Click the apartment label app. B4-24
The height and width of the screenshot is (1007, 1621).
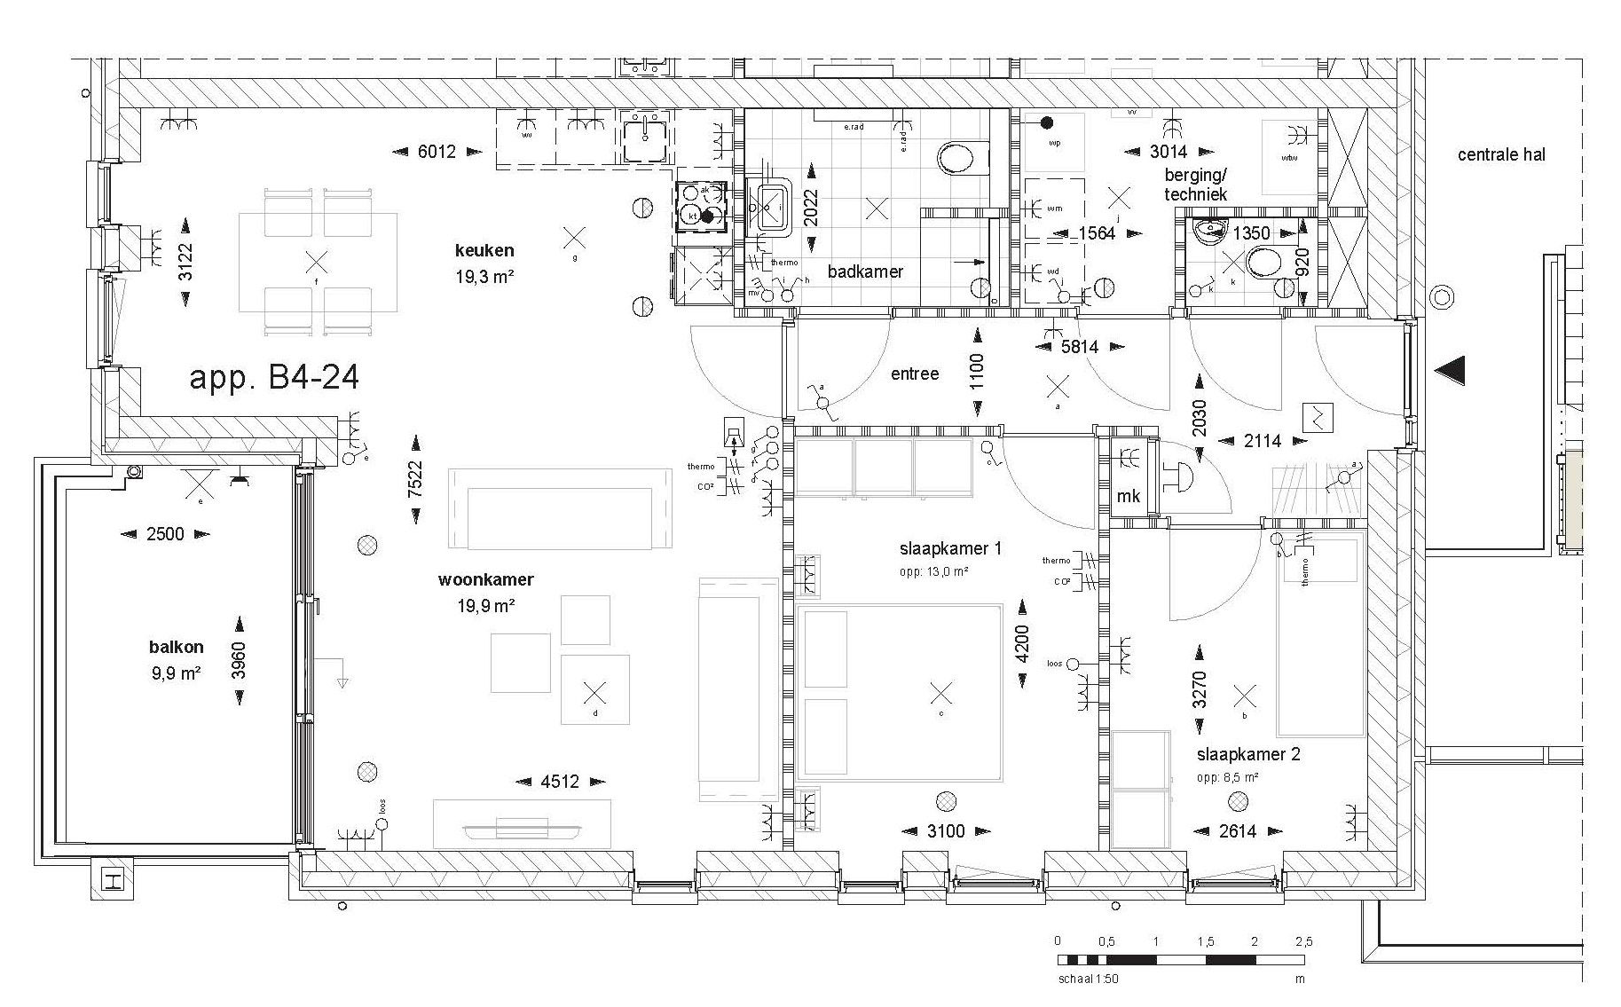tap(274, 378)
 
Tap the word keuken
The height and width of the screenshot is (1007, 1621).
tap(484, 251)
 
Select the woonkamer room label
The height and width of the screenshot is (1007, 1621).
tap(485, 580)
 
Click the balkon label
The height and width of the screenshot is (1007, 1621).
tap(177, 648)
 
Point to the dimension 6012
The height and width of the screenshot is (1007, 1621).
tap(437, 152)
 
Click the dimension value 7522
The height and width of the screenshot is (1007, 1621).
tap(415, 480)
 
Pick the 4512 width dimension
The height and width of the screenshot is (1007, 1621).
tap(560, 782)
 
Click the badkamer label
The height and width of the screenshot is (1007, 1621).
tap(865, 271)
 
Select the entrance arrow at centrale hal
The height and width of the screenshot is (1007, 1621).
tap(1450, 370)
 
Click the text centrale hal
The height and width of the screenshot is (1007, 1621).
tap(1501, 154)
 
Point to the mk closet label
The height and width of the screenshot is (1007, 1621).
tap(1128, 497)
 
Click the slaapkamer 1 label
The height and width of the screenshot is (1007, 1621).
tap(950, 549)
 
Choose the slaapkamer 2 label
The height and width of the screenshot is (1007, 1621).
tap(1248, 755)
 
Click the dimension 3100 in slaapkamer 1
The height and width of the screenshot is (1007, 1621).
tap(945, 831)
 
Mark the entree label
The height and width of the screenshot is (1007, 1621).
tap(915, 374)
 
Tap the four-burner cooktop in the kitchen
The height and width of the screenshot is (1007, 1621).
tap(701, 206)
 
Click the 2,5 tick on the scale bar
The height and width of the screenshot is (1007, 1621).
tap(1303, 941)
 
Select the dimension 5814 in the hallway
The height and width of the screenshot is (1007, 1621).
tap(1080, 347)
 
